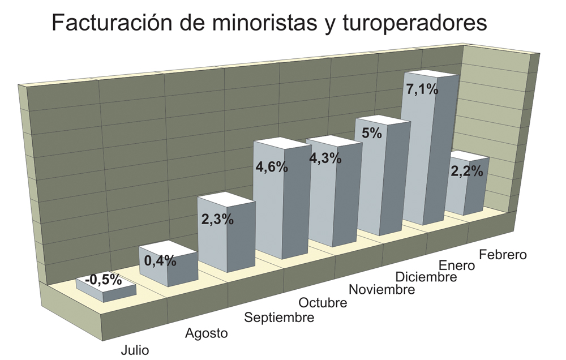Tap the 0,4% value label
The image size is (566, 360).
(160, 261)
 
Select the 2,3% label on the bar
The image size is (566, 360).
(217, 219)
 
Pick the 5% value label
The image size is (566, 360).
(372, 134)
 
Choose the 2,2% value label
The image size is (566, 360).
(466, 171)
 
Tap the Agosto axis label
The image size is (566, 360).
(207, 333)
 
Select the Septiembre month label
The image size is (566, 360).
(279, 318)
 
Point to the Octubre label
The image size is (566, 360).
(323, 303)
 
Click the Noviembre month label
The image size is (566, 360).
(382, 290)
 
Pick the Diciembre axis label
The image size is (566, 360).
(426, 277)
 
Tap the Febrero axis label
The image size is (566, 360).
(503, 254)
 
